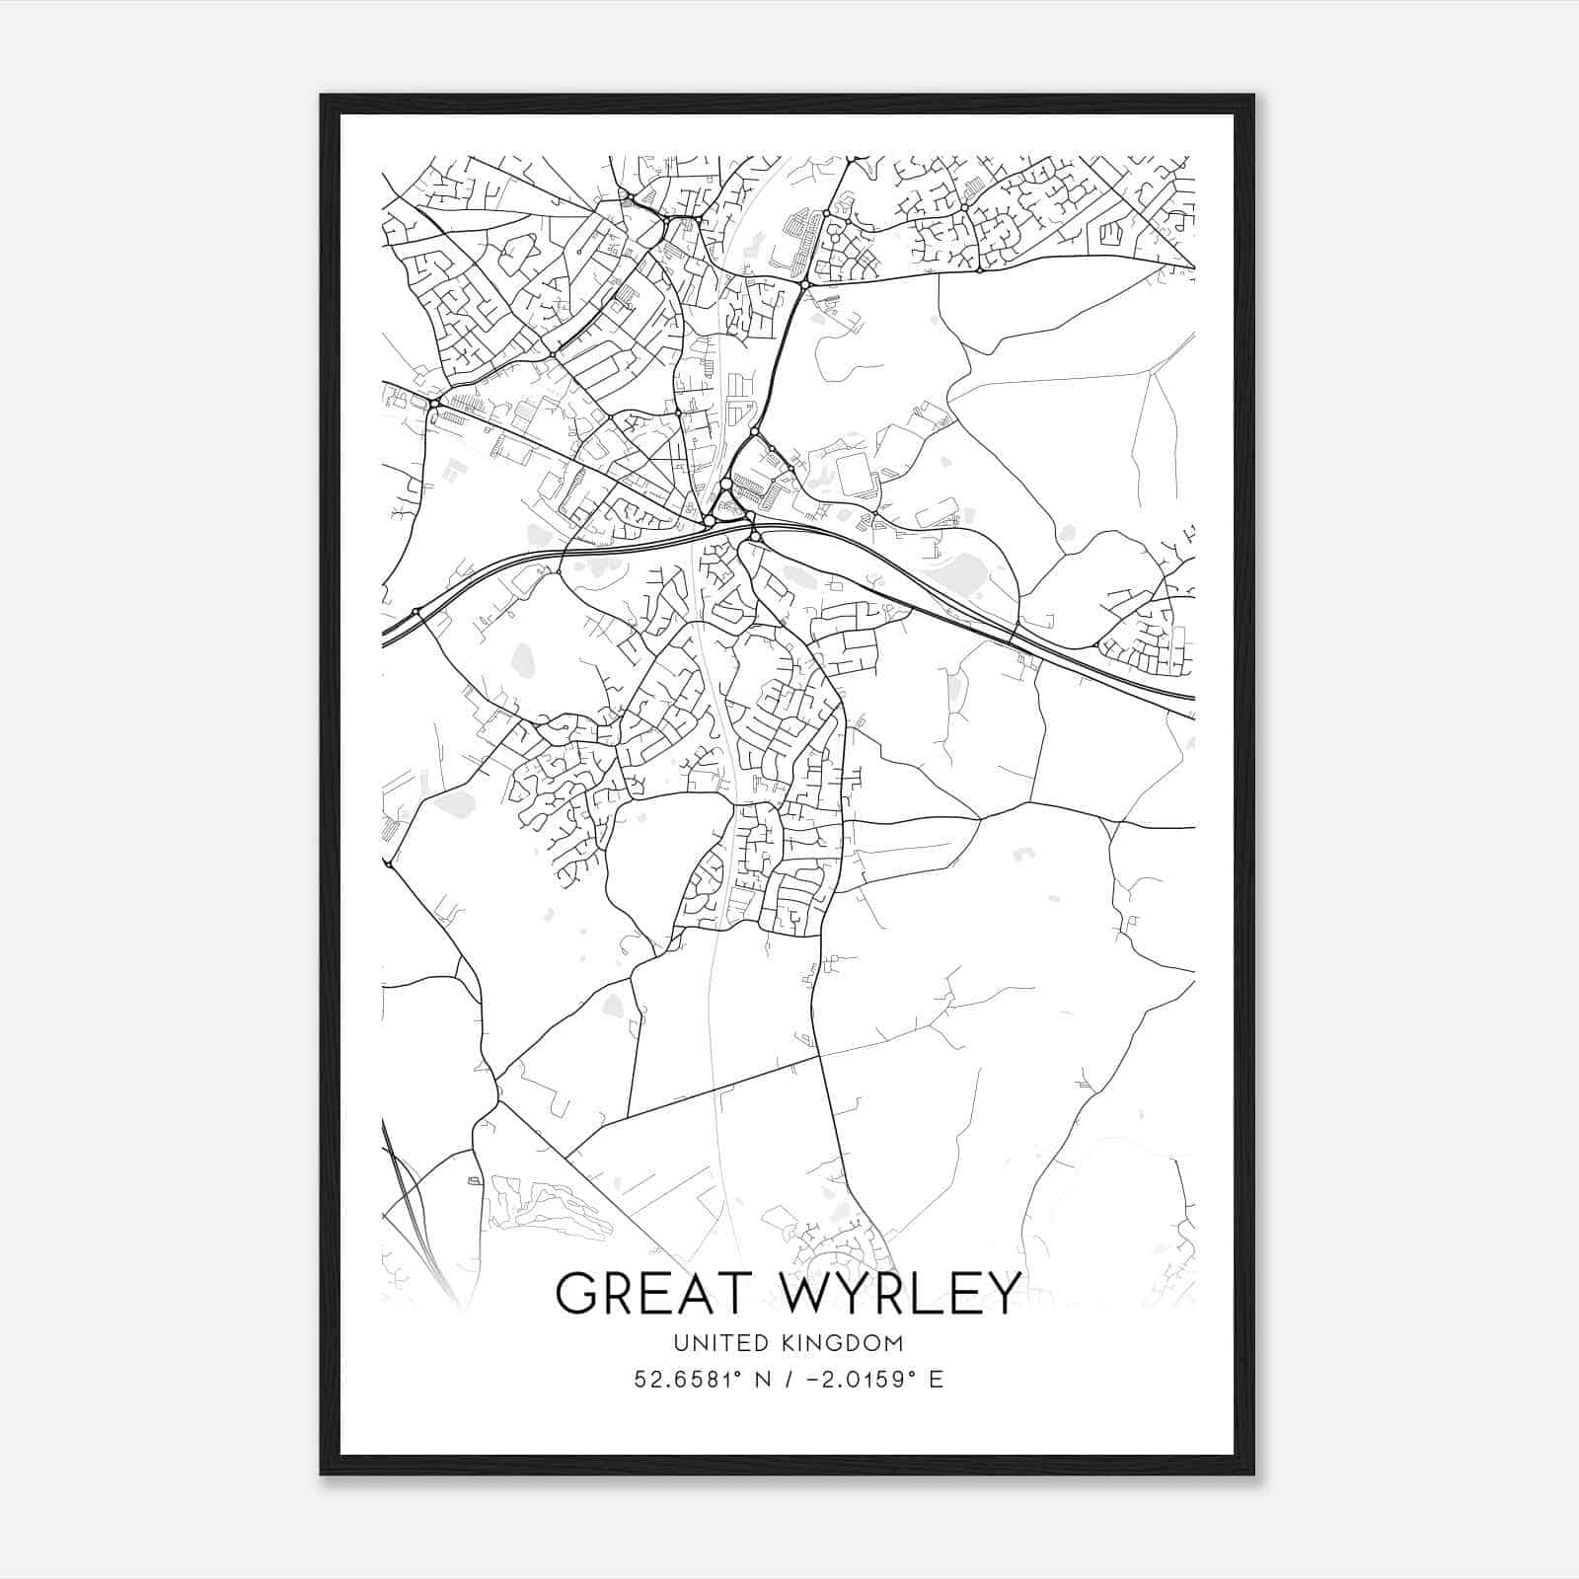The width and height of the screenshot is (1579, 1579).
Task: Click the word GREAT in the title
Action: click(x=648, y=1294)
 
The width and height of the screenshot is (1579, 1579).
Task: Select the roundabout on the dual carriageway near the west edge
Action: click(x=417, y=613)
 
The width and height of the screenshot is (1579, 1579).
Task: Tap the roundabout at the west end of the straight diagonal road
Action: click(x=434, y=404)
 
